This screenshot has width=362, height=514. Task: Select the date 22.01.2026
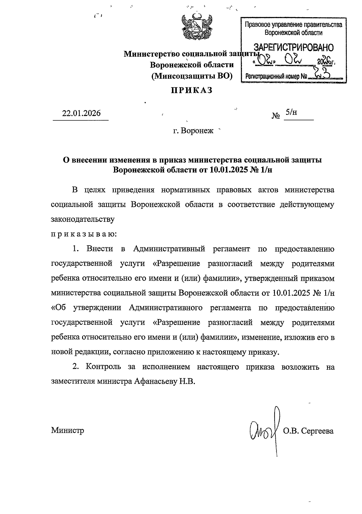[x=81, y=114]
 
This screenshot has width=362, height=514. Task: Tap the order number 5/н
[x=291, y=112]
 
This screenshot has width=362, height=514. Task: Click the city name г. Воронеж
[x=193, y=131]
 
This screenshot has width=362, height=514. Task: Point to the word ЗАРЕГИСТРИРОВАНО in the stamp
[x=294, y=48]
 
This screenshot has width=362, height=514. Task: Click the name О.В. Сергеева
[x=308, y=431]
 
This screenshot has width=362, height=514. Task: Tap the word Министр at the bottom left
[x=68, y=430]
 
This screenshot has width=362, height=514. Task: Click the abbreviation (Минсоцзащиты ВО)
[x=192, y=76]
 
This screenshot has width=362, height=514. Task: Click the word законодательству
[x=83, y=219]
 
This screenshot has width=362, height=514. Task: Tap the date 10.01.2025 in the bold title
[x=229, y=170]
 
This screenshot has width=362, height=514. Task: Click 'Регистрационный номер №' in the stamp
[x=276, y=77]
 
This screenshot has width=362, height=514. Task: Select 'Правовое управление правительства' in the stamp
[x=293, y=25]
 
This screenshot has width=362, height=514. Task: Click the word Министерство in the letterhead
[x=150, y=54]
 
